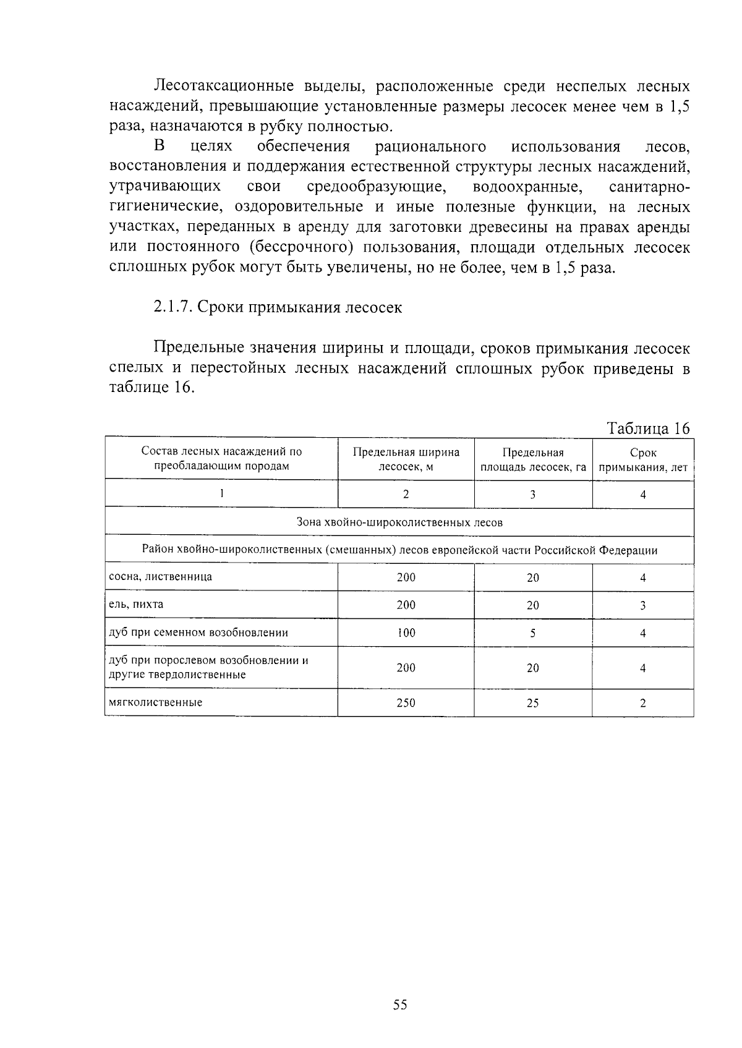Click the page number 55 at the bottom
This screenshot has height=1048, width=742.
(400, 1005)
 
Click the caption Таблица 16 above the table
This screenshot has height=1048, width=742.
(648, 428)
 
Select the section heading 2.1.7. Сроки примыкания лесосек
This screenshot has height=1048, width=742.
(278, 307)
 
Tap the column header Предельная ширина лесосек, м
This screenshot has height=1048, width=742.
(406, 459)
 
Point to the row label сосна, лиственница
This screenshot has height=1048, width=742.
(160, 577)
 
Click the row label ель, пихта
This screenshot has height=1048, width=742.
(136, 604)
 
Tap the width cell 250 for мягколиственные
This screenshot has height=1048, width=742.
(406, 703)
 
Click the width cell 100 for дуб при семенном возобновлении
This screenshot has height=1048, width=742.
(406, 633)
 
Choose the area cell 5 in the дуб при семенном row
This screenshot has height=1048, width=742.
(533, 633)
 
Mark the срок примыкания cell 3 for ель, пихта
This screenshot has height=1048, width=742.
(643, 605)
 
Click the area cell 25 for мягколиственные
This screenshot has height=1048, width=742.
(533, 703)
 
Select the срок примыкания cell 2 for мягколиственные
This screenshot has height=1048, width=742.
(643, 703)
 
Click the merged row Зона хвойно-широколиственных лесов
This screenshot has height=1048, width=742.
(399, 522)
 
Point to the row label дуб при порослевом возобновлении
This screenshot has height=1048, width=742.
(208, 660)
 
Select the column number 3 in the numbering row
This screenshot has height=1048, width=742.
(533, 494)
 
